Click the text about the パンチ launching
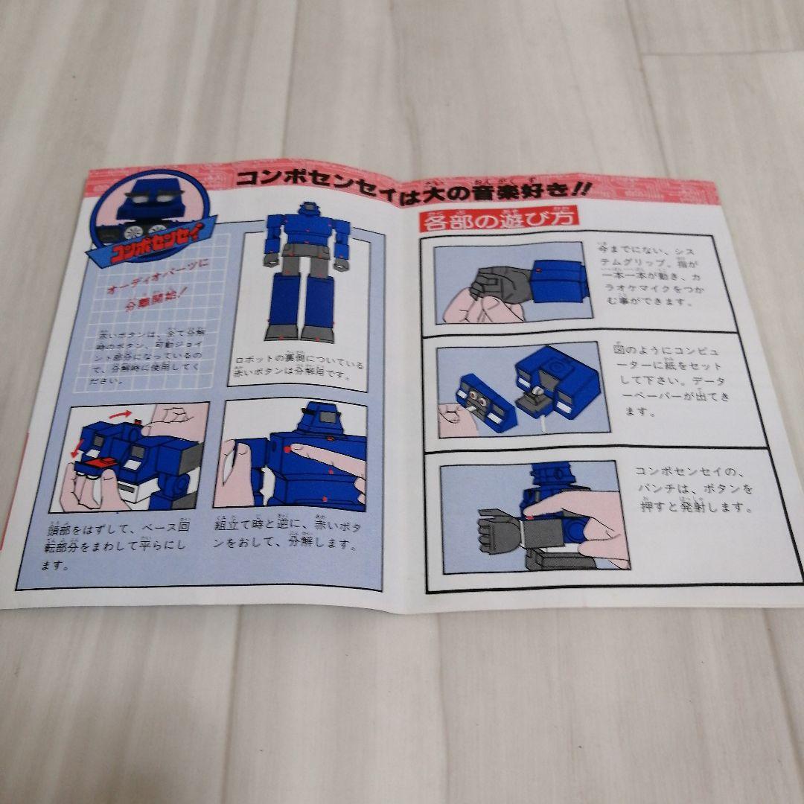tap(692, 489)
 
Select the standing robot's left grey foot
tap(279, 332)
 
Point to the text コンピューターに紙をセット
tap(666, 380)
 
